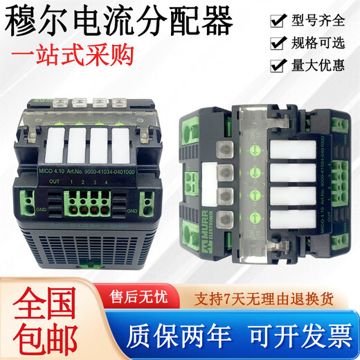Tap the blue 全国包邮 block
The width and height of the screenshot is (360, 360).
click(42, 317)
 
